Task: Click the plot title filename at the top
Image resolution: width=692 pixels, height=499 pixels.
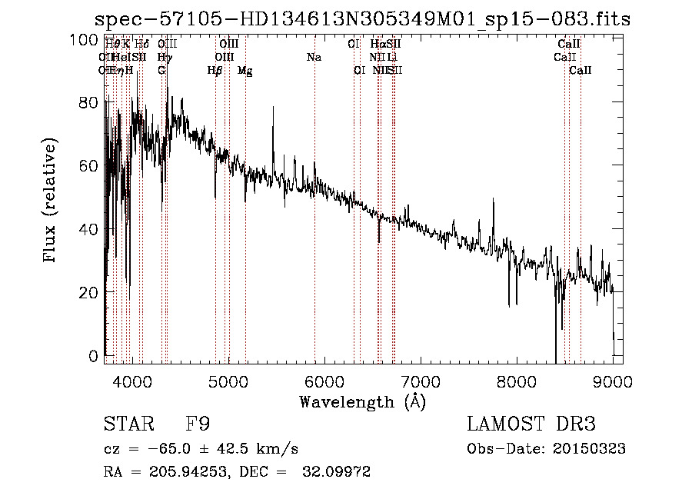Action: [361, 19]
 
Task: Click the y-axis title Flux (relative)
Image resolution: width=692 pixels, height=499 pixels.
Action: [51, 201]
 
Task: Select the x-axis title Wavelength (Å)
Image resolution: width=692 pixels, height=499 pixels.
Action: [362, 401]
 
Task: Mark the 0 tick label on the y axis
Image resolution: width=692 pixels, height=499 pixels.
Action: [95, 356]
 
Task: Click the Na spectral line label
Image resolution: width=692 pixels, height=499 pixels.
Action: [314, 58]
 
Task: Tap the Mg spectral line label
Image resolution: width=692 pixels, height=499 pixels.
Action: [245, 71]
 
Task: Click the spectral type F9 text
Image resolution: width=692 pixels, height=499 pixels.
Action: [198, 424]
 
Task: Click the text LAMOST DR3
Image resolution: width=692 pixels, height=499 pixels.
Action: [531, 424]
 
